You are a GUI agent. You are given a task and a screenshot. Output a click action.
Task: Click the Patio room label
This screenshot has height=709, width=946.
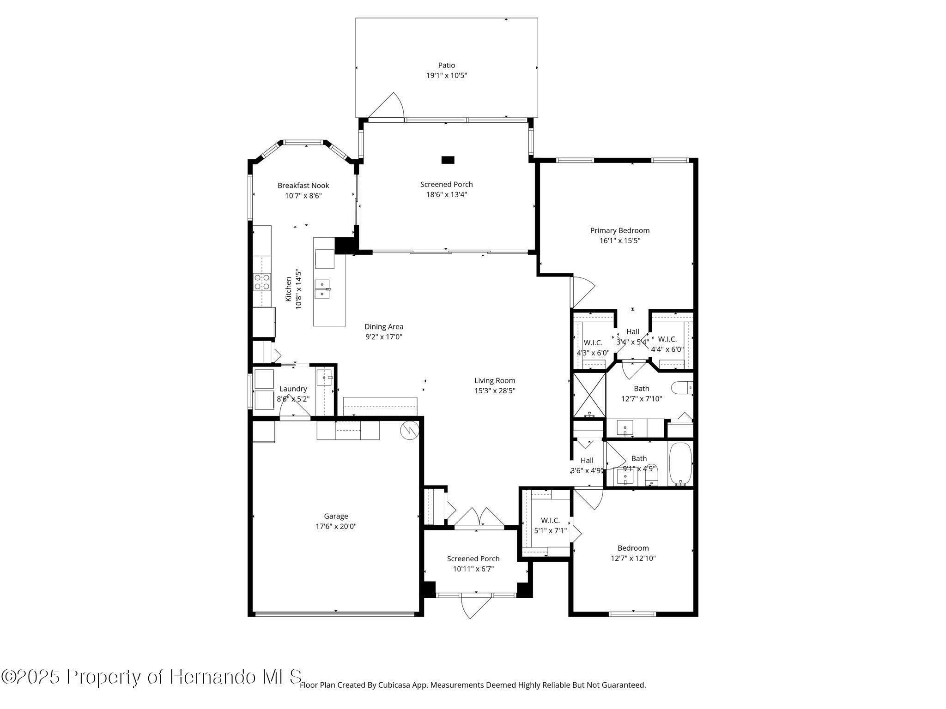tap(447, 66)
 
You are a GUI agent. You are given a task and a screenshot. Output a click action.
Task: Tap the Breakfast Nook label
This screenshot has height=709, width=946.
tap(303, 186)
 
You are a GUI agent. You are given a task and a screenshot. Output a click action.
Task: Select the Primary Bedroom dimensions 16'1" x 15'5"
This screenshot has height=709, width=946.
tap(619, 240)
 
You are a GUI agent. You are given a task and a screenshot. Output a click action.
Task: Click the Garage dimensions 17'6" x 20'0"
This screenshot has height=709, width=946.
tap(336, 526)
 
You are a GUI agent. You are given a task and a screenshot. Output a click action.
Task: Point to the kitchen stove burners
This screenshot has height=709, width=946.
tap(262, 282)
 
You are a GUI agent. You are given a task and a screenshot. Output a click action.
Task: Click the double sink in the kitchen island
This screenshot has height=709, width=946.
tap(322, 289)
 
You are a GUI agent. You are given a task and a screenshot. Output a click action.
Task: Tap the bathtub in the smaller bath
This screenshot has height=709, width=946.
tap(680, 464)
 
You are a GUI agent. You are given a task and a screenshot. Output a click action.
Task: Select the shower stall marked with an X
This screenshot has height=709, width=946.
tap(589, 395)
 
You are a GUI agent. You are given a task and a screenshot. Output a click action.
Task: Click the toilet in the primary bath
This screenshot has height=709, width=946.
tap(682, 388)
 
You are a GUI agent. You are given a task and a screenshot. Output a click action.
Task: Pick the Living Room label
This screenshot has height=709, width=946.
tap(495, 381)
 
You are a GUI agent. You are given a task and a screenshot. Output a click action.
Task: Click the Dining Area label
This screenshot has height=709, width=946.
tap(384, 327)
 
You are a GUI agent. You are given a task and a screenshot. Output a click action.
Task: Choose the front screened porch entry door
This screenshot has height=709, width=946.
tap(476, 606)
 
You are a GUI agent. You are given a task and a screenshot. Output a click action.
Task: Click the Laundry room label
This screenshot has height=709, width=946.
tap(293, 389)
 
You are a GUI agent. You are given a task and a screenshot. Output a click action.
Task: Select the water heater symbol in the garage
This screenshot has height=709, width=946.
tap(409, 430)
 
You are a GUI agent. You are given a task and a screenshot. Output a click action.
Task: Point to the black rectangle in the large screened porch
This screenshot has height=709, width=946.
tap(448, 160)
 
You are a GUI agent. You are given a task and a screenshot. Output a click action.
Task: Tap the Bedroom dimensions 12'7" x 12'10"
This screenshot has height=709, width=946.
tap(633, 558)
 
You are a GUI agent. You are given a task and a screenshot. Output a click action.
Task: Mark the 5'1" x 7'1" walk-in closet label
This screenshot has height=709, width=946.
tap(551, 531)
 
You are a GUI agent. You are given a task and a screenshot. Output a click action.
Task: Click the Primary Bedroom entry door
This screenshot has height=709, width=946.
tap(583, 291)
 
